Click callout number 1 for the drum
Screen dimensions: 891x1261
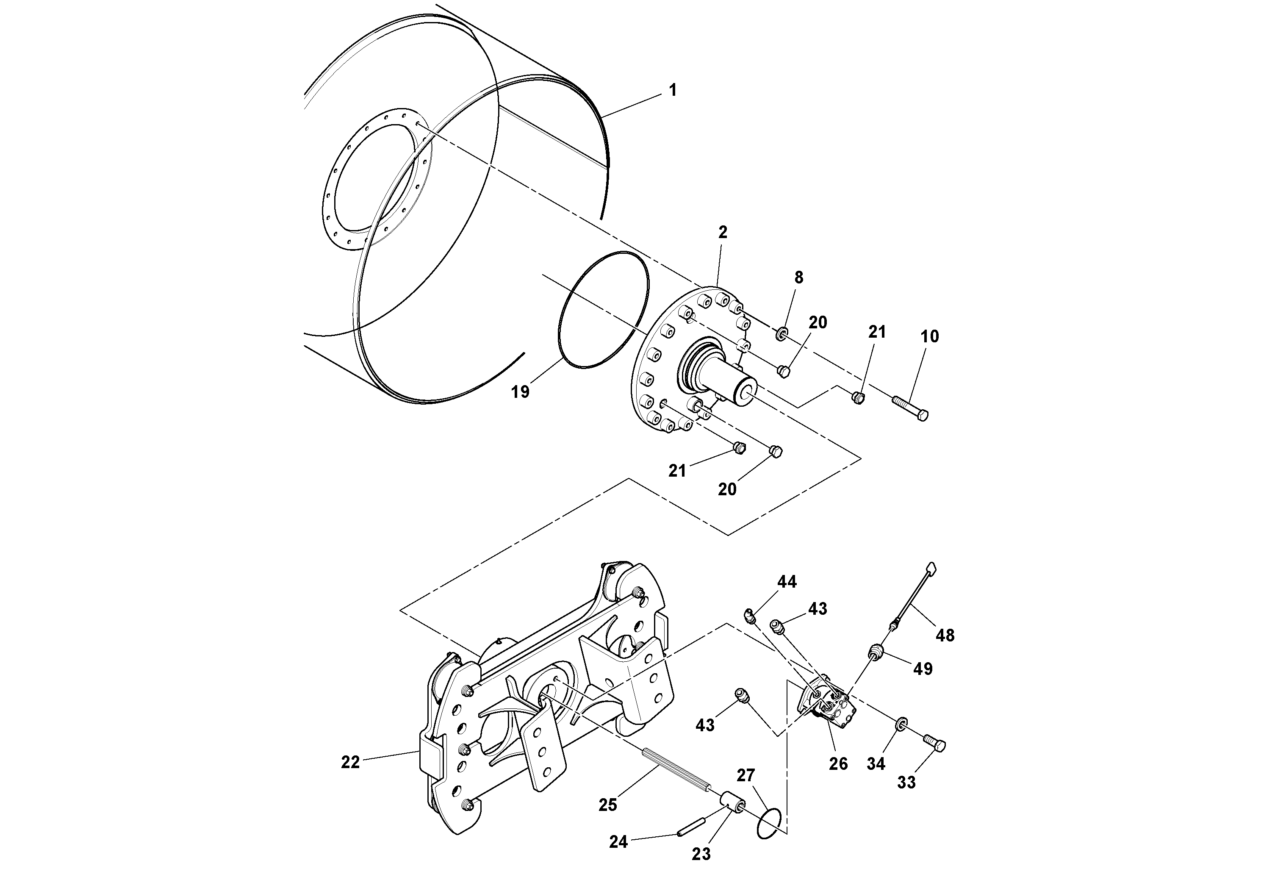pos(673,90)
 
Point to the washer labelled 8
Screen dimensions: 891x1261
pos(782,333)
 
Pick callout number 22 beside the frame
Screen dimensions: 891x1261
pos(350,763)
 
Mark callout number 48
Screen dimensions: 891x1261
pos(945,636)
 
